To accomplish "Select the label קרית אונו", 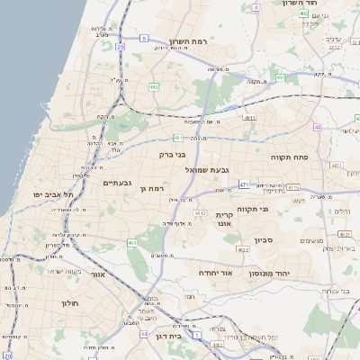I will tap(224, 220).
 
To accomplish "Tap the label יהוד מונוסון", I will tap(287, 270).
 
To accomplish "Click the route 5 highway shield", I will tap(143, 38).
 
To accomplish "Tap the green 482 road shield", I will tap(154, 86).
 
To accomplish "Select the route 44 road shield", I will tap(146, 333).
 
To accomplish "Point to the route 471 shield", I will tap(243, 184).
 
